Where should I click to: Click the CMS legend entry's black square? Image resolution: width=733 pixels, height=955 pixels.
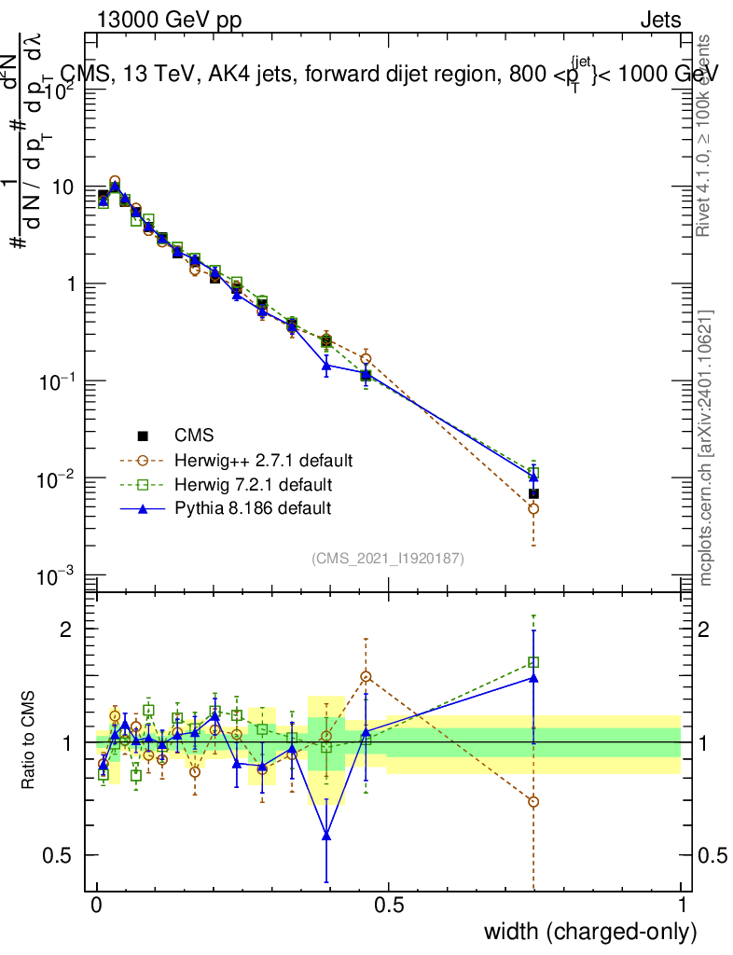143,436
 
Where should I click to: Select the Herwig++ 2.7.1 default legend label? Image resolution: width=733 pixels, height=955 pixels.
263,461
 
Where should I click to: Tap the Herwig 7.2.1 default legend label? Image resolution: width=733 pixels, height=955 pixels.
254,485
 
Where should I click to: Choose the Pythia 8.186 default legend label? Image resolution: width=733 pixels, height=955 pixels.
252,508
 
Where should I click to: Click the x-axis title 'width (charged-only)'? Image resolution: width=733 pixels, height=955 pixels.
589,932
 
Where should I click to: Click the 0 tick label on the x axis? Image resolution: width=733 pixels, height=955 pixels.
97,906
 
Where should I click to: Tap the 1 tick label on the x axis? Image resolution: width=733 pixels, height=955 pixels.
681,906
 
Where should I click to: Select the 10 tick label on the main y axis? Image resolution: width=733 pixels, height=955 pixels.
62,187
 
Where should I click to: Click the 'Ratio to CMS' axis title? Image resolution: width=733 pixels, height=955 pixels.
28,740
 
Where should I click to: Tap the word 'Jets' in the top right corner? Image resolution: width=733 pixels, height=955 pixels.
659,21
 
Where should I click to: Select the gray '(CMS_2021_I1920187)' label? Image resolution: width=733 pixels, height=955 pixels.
388,558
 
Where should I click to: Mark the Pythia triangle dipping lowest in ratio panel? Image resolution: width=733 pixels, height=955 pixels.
326,836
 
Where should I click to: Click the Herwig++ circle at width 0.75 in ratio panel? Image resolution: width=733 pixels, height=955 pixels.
533,802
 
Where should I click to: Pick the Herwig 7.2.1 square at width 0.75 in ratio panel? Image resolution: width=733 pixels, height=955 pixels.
533,662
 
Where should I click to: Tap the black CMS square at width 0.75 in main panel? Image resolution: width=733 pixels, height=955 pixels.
533,493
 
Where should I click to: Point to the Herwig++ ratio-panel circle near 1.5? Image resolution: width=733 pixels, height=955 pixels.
366,676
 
